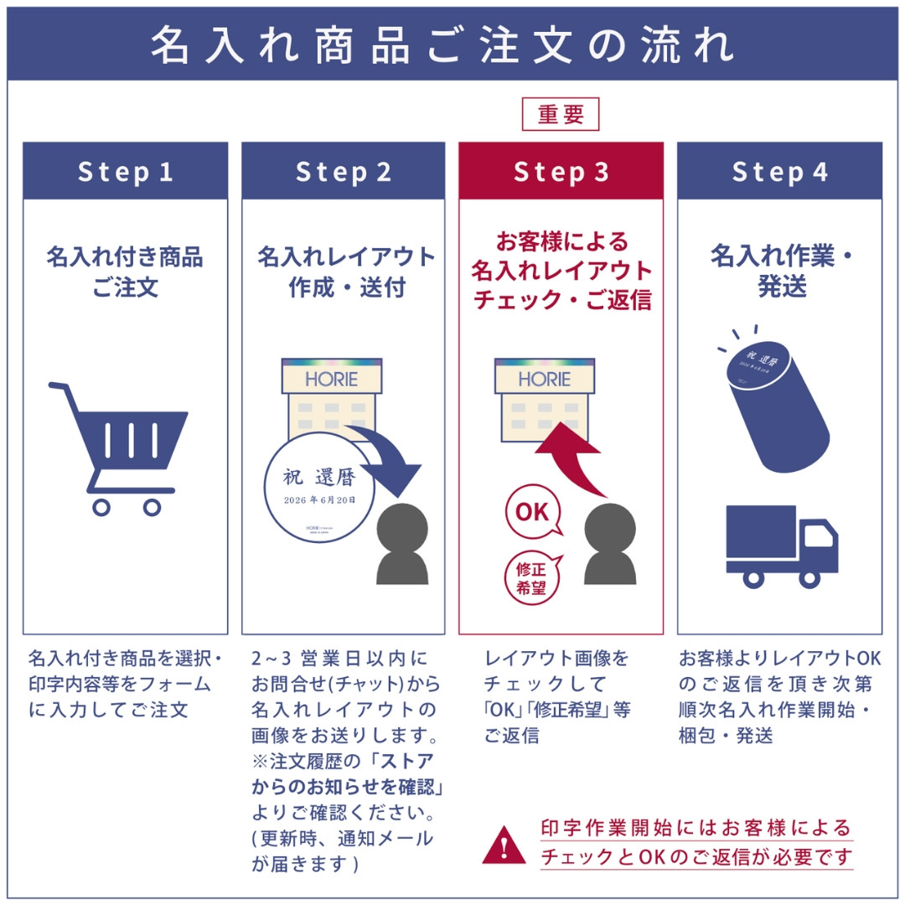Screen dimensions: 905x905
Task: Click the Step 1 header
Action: coord(125,171)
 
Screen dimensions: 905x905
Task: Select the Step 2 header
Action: coord(343,171)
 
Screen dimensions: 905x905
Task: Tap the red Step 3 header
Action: coord(561,171)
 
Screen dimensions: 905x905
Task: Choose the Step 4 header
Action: coord(779,171)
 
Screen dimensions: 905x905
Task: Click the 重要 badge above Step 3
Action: coord(561,114)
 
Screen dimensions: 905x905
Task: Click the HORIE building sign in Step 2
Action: coord(331,379)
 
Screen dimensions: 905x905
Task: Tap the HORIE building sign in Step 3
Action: coord(544,379)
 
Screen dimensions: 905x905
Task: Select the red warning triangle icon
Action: coord(504,844)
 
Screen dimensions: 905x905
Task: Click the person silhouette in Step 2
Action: coord(402,545)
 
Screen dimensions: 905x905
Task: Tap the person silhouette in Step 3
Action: coord(610,545)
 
